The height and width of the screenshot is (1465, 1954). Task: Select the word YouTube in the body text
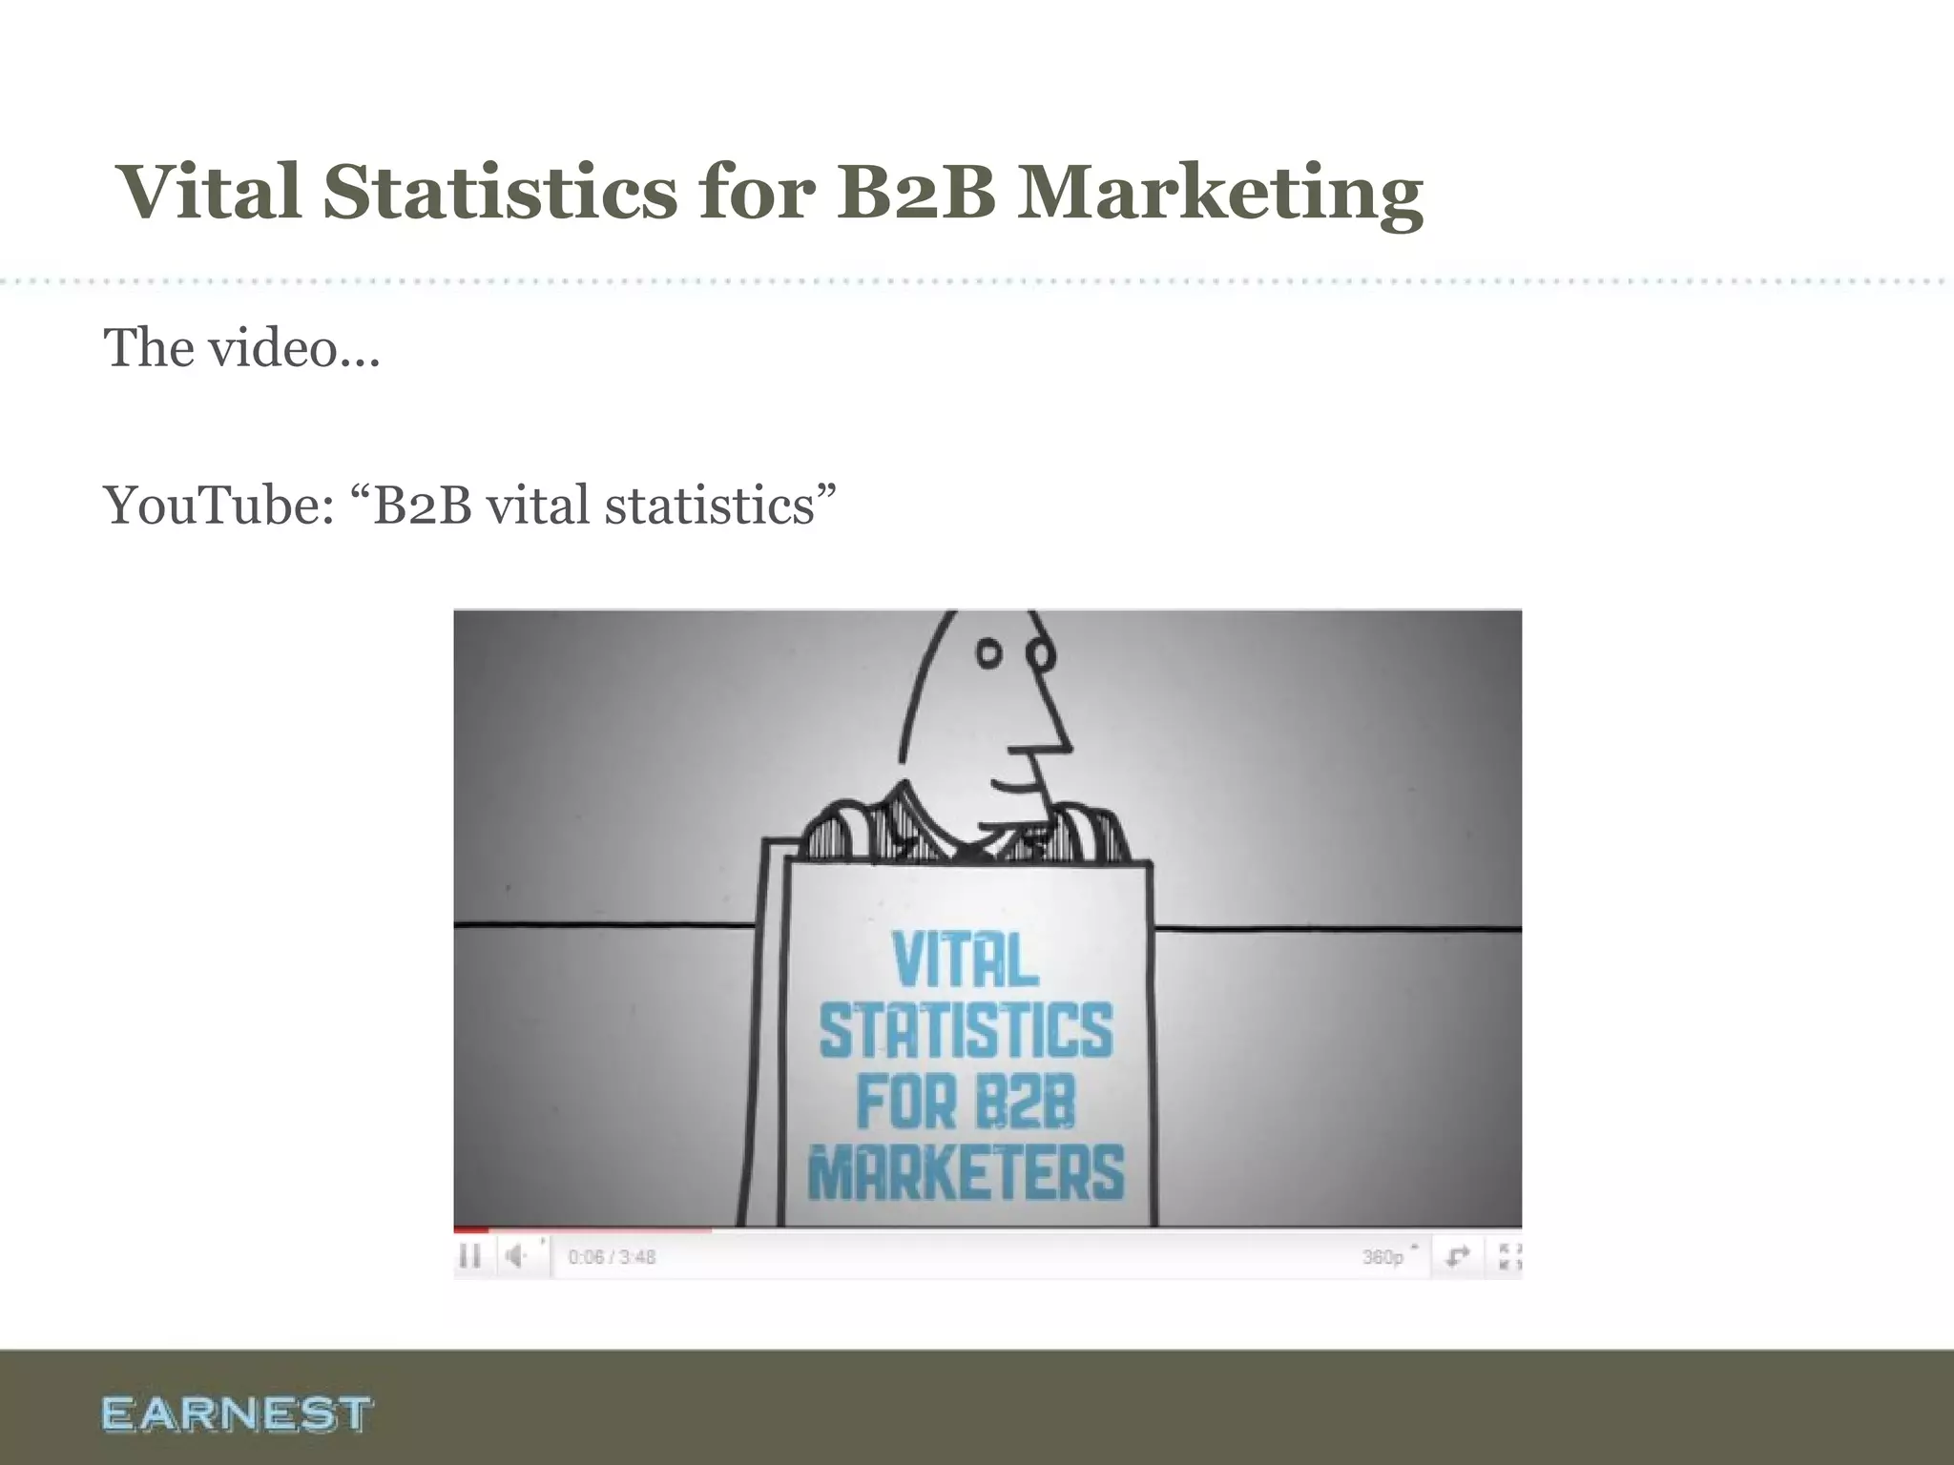(218, 505)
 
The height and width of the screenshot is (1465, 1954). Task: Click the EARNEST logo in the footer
(236, 1413)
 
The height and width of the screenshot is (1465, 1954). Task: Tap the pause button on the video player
(469, 1256)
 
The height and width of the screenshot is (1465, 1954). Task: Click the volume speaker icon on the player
(516, 1256)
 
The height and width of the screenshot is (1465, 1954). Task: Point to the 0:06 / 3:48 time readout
(612, 1257)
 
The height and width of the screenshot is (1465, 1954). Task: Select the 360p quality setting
(1382, 1257)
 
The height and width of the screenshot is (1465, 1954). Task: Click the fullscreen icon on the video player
(1509, 1256)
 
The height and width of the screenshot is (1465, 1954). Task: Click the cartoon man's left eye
(989, 654)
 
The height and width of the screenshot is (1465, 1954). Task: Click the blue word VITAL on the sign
(965, 959)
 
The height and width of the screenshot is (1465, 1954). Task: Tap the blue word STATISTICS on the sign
(966, 1030)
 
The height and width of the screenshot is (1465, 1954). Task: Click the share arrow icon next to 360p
(1457, 1256)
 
